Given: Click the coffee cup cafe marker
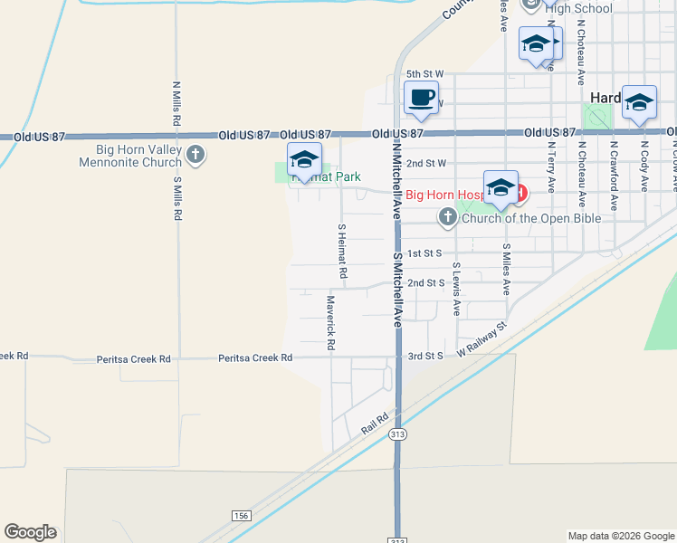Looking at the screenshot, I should pyautogui.click(x=419, y=98).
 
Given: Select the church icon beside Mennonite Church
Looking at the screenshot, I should pyautogui.click(x=195, y=156).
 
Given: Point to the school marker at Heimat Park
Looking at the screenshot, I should pyautogui.click(x=304, y=161).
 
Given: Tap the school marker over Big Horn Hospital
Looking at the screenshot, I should pyautogui.click(x=501, y=188).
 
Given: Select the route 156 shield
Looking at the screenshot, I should pyautogui.click(x=240, y=516).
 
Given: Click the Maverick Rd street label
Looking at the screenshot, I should pyautogui.click(x=331, y=322).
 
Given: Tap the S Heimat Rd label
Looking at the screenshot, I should pyautogui.click(x=342, y=251).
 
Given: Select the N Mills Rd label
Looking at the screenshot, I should pyautogui.click(x=177, y=106).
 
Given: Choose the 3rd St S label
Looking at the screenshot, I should pyautogui.click(x=425, y=357).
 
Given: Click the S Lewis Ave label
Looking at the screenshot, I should pyautogui.click(x=457, y=290).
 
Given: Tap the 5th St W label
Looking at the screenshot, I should pyautogui.click(x=424, y=74).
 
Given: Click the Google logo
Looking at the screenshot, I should pyautogui.click(x=30, y=532).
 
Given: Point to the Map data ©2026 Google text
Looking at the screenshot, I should pyautogui.click(x=620, y=536).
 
